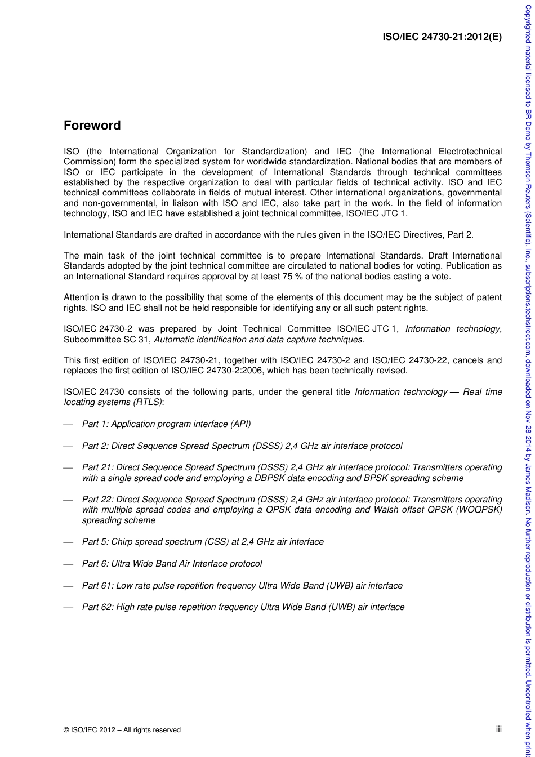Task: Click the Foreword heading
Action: tap(92, 126)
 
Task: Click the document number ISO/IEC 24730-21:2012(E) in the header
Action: tap(442, 38)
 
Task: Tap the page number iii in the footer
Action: tap(498, 729)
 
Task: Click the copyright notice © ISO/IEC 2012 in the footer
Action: tap(122, 729)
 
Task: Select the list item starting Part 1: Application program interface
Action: tap(166, 424)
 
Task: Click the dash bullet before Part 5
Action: tap(68, 542)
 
